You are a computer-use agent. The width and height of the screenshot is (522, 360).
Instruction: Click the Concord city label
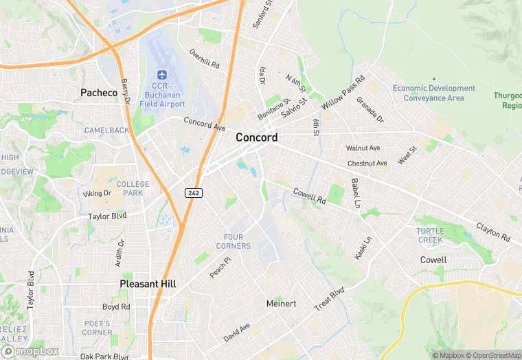coord(257,137)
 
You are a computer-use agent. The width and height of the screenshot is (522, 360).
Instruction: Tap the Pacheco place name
coord(99,92)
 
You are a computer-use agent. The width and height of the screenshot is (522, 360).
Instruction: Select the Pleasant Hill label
coord(148,284)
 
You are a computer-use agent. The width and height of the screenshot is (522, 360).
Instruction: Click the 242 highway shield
coord(194,193)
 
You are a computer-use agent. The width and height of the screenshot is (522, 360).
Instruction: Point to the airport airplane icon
coord(162,74)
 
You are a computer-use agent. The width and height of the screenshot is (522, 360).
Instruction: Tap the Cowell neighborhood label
coord(433,260)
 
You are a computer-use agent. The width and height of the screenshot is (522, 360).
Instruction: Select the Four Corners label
coord(234,242)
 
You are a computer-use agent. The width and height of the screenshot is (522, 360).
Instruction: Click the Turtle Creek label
coord(430,235)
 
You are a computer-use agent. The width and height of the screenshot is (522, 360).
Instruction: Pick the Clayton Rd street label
coord(494,232)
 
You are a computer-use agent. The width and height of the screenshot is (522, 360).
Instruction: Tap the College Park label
coord(133,189)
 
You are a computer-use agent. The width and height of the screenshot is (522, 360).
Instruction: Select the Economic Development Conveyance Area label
coord(433,93)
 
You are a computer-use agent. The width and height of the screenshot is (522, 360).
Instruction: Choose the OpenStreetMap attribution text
coord(492,355)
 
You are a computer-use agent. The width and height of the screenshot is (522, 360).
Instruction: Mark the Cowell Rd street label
coord(309,196)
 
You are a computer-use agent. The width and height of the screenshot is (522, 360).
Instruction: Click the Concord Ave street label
coord(204,124)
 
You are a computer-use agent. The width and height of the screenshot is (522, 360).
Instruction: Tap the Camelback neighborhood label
coord(106,130)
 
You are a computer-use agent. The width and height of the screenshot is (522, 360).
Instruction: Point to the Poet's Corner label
coord(98,328)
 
